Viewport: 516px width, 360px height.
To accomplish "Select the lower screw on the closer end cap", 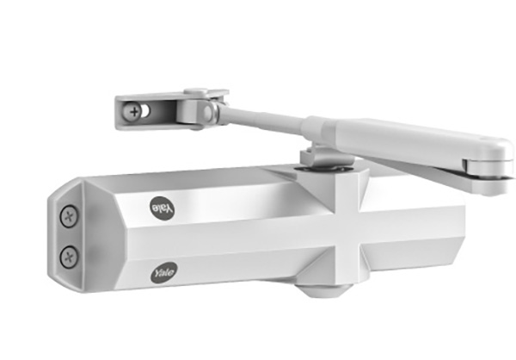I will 69,255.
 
